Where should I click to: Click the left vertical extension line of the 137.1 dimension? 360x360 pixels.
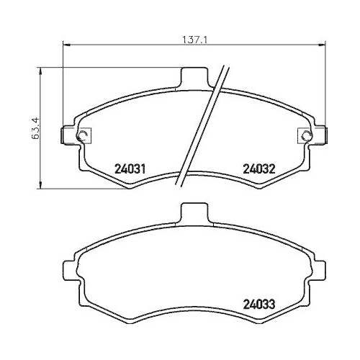(65, 86)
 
